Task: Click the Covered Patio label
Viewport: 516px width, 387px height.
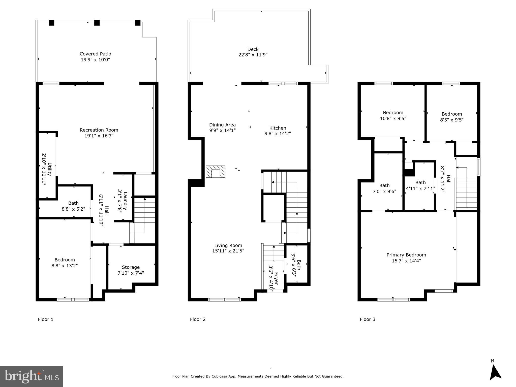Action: point(95,54)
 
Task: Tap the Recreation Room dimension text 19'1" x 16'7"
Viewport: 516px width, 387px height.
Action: point(99,136)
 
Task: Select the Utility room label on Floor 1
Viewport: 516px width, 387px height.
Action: point(50,169)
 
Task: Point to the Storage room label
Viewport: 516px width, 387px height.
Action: point(131,267)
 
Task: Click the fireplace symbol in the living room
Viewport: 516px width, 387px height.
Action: point(216,172)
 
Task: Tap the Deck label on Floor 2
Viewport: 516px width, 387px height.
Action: point(253,49)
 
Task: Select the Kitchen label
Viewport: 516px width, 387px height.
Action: point(278,128)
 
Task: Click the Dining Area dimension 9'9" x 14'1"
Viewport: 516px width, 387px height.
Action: point(222,131)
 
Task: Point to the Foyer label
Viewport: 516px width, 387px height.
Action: point(276,278)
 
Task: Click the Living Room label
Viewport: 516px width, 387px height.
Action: point(228,245)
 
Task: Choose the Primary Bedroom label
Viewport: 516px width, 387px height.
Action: point(406,255)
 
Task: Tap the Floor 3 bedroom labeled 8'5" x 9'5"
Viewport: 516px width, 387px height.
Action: point(452,117)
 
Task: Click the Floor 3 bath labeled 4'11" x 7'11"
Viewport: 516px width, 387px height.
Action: point(420,185)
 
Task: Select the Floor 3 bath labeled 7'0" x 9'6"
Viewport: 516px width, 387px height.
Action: point(384,188)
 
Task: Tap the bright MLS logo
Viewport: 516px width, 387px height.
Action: point(32,377)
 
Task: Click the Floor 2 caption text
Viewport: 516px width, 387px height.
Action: point(198,319)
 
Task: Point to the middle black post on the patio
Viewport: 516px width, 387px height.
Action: point(97,23)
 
